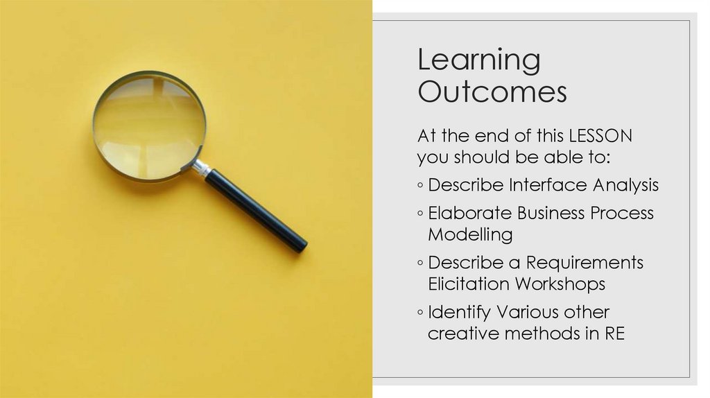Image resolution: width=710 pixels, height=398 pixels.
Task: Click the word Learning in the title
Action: click(x=478, y=61)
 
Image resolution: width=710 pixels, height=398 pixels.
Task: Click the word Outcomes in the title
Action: click(x=492, y=92)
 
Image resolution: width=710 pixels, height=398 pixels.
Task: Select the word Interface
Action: click(x=548, y=185)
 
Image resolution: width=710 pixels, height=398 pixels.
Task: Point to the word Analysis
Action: click(x=625, y=185)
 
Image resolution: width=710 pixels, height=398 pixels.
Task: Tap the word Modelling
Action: click(x=470, y=234)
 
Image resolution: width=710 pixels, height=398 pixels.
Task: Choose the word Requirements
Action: click(x=585, y=263)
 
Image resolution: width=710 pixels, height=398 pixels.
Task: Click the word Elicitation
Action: click(x=469, y=284)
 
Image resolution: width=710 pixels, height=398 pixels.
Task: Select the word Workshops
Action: click(x=560, y=284)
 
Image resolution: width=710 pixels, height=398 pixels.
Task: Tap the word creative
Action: click(x=463, y=333)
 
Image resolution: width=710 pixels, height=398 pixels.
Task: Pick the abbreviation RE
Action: click(x=614, y=333)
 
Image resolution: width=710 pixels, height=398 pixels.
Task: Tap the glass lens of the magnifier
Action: click(x=149, y=125)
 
